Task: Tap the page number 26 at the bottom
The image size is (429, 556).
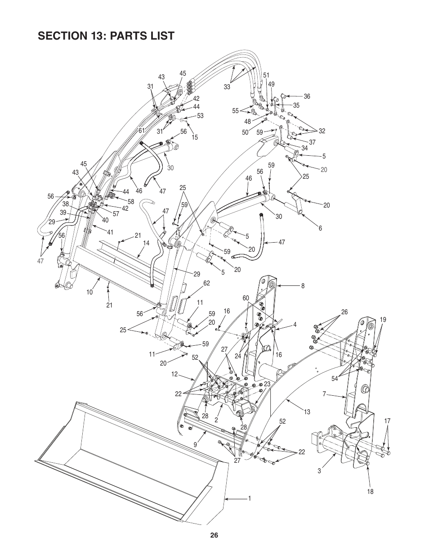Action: tap(214, 535)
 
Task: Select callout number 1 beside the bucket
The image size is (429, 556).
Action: tap(249, 498)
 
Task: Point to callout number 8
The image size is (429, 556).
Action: tap(303, 285)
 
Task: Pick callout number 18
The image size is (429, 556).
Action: tap(370, 492)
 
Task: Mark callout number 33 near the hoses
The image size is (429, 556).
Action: tap(227, 87)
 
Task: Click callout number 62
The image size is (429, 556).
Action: tap(207, 283)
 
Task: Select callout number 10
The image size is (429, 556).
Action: tap(89, 292)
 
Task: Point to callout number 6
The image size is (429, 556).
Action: tap(321, 228)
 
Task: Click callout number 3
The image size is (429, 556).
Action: tap(319, 471)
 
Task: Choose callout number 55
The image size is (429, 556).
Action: tap(235, 110)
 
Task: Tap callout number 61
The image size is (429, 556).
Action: tap(141, 131)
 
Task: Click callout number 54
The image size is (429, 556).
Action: tap(335, 379)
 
